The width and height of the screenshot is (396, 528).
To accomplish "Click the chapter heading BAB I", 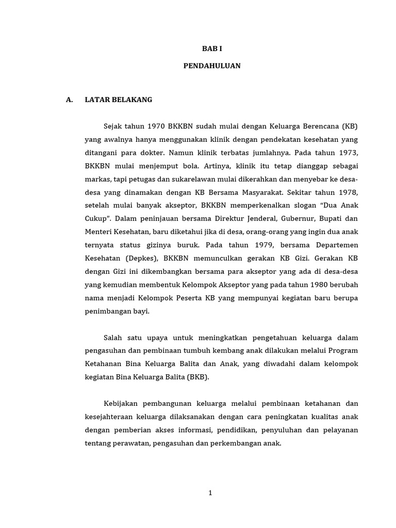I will (x=212, y=48).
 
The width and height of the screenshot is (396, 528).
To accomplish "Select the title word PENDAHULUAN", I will (x=212, y=66).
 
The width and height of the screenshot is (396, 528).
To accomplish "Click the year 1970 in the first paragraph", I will (x=157, y=126).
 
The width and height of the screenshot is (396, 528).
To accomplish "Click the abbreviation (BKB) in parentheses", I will (x=199, y=377).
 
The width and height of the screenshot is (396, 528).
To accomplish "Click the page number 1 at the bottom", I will (x=210, y=493).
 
